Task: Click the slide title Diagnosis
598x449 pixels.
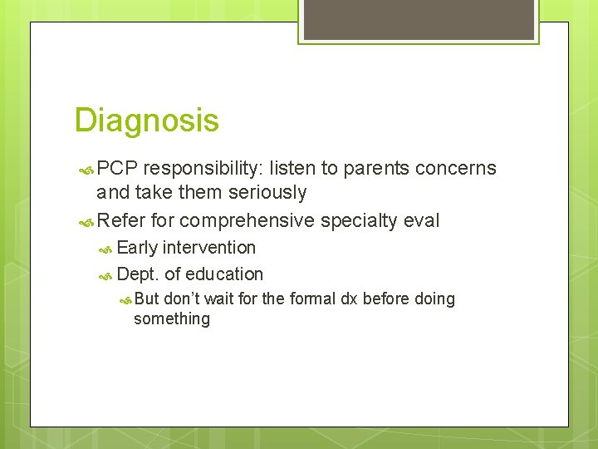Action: [x=146, y=121]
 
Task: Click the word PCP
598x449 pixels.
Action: [x=117, y=169]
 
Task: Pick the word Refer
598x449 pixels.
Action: [x=121, y=220]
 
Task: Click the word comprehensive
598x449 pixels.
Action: [x=247, y=220]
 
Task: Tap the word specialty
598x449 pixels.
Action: [x=360, y=220]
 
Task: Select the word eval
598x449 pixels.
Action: [x=422, y=220]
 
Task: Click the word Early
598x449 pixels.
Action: [x=138, y=248]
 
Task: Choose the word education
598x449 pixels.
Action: [x=224, y=274]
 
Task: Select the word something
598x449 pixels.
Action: [x=172, y=319]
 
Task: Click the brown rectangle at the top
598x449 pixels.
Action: [x=419, y=19]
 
